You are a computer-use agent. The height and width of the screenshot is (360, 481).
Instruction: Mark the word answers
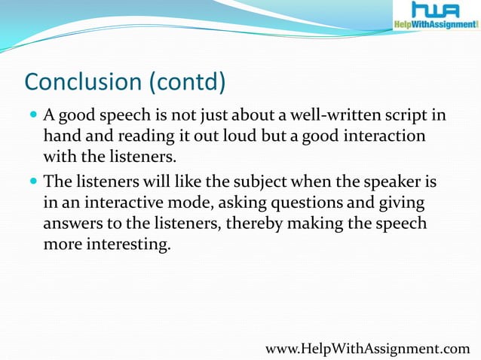coord(72,224)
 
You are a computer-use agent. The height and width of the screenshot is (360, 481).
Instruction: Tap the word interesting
coord(127,245)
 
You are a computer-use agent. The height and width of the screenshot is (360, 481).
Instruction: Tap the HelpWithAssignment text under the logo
coord(435,25)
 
